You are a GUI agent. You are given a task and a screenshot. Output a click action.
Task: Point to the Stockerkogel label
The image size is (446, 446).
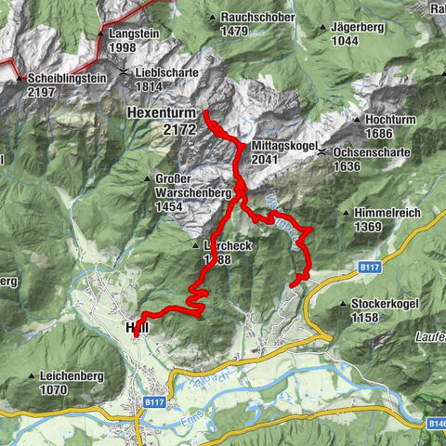coord(384,304)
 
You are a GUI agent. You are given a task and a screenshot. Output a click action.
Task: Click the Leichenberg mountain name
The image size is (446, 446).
coord(72,376)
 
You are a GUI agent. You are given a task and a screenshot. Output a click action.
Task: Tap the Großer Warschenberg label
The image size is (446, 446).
coord(178,194)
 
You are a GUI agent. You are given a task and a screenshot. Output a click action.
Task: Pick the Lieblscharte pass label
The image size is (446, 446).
coord(164,72)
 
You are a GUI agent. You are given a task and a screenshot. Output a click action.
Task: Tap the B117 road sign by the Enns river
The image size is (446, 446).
coord(155,402)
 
